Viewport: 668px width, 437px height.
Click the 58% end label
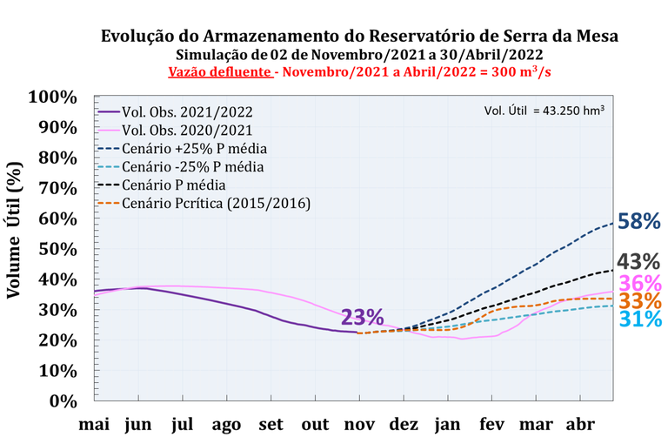pos(639,221)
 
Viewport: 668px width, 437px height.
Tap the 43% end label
pos(639,261)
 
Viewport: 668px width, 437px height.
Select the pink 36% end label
pos(639,283)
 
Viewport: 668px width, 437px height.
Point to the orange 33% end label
pos(639,301)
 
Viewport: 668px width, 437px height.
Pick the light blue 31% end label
pos(639,319)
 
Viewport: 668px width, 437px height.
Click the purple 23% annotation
pos(362,318)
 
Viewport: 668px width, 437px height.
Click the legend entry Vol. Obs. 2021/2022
pos(189,111)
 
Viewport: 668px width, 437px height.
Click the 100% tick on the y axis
pos(53,96)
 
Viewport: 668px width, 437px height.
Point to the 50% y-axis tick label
pos(57,248)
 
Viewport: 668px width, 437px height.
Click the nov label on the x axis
pos(358,424)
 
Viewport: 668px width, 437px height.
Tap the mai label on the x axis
pos(95,424)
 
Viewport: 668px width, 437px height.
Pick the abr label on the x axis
pos(580,424)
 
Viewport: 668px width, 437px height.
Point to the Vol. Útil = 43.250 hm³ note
pos(544,111)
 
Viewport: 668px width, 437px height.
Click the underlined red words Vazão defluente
pos(217,71)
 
